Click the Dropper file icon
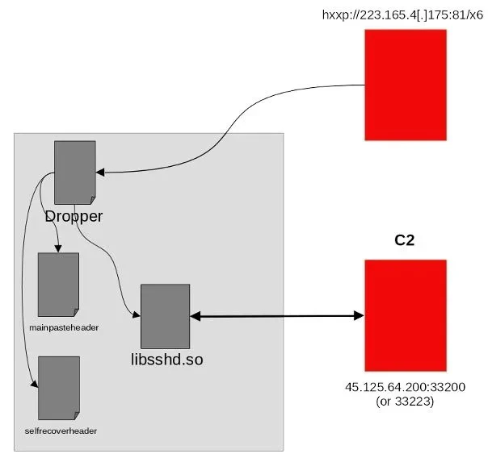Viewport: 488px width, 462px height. (x=74, y=173)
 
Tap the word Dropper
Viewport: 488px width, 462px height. (x=75, y=216)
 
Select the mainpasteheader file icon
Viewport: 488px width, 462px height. (x=58, y=284)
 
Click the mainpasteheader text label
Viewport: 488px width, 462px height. (x=58, y=327)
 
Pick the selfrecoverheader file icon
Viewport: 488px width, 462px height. (x=58, y=387)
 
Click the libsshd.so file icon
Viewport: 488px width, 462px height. (x=165, y=315)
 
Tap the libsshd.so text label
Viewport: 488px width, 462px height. (x=166, y=357)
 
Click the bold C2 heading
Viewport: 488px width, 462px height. (x=405, y=240)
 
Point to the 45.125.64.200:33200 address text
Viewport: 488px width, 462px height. (x=405, y=388)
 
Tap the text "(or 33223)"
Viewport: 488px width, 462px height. (x=405, y=401)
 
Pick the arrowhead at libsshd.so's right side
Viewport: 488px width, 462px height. (x=196, y=315)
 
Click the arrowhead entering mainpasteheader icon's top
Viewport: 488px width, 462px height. (x=58, y=248)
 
